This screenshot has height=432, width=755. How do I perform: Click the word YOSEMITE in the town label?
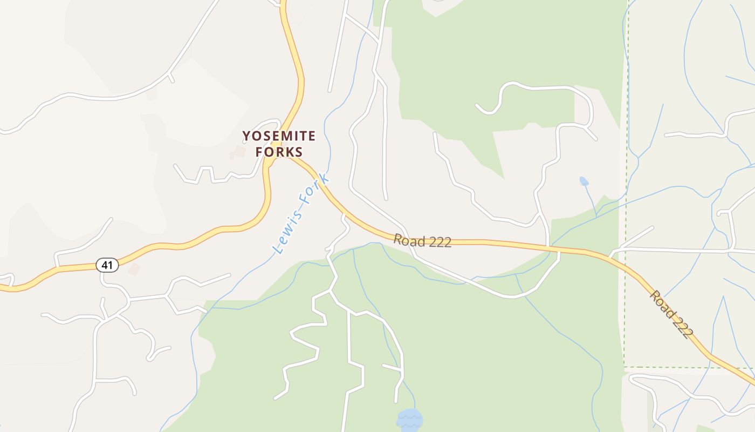coord(278,136)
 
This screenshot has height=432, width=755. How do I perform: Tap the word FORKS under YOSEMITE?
coord(279,152)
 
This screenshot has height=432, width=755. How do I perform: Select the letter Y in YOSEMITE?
coord(246,136)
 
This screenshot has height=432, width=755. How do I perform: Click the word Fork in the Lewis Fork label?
coord(315,191)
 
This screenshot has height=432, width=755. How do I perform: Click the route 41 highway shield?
coord(107,265)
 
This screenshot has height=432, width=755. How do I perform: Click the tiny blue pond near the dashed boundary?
coord(584,181)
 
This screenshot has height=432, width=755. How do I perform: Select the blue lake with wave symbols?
coord(409,420)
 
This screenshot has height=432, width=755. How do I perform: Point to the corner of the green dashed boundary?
coord(624,367)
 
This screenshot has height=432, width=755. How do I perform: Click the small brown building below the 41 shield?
coord(134,269)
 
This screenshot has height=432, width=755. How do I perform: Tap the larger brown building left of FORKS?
coord(240,151)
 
